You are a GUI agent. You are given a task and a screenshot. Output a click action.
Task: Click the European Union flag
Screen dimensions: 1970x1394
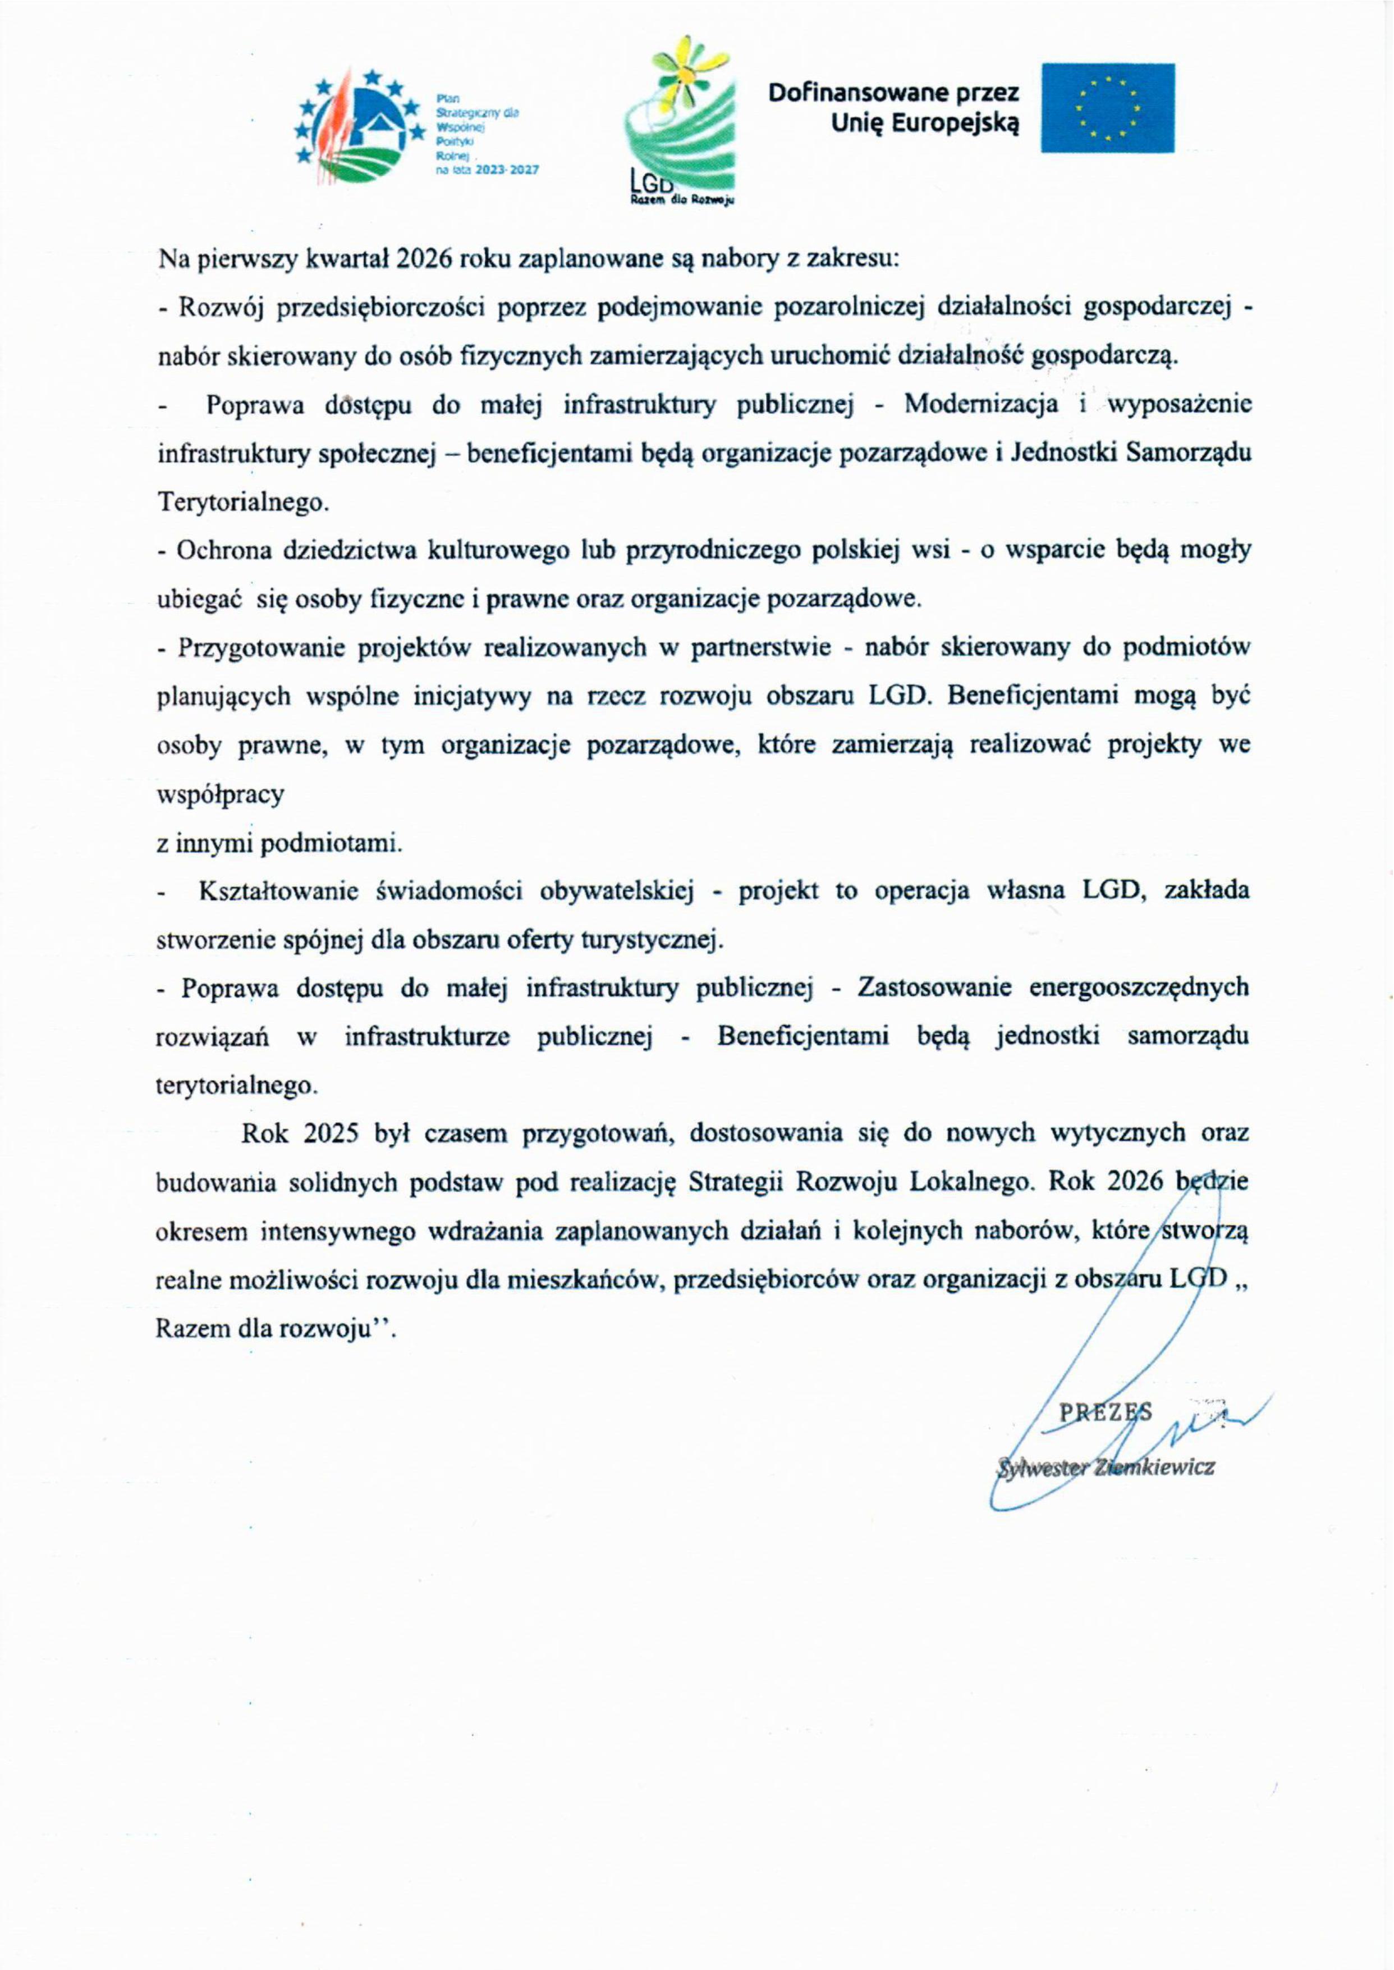tap(1107, 108)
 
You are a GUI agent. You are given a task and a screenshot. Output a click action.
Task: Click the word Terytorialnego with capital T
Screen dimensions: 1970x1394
tap(243, 502)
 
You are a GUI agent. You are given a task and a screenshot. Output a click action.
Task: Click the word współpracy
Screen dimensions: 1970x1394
tap(220, 795)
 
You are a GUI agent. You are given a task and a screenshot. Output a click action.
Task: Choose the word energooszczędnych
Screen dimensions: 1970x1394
tap(1139, 988)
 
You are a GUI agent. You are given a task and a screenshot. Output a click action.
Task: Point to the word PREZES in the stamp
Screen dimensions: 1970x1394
tap(1105, 1413)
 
